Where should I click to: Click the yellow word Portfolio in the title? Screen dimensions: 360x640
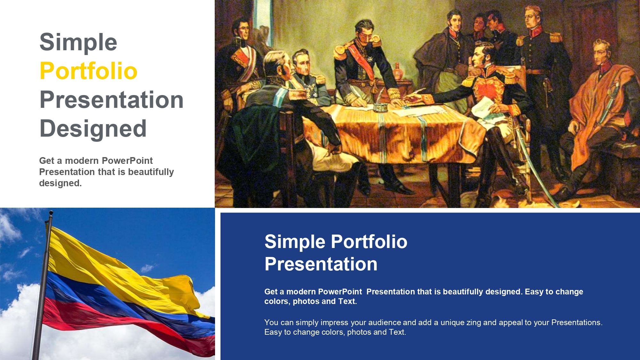88,71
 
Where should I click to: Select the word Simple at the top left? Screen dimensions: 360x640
78,42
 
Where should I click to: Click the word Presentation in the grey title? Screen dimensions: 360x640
111,100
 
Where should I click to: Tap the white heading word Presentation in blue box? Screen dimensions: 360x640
321,264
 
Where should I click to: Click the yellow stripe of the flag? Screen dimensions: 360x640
106,266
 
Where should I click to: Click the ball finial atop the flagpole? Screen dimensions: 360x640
51,212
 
